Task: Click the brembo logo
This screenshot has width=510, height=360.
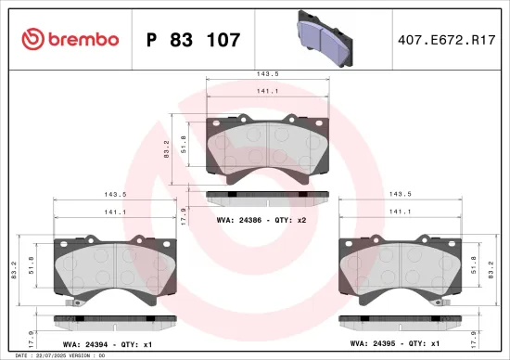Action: pyautogui.click(x=70, y=39)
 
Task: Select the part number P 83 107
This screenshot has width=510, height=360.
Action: pyautogui.click(x=194, y=40)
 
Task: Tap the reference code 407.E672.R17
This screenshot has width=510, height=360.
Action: pyautogui.click(x=441, y=40)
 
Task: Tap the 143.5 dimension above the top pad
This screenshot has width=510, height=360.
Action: pyautogui.click(x=268, y=72)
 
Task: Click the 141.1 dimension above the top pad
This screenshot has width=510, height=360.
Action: pyautogui.click(x=268, y=91)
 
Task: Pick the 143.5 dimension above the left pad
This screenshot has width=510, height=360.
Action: pyautogui.click(x=116, y=194)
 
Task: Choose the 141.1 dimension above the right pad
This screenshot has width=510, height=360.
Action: pyautogui.click(x=401, y=212)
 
